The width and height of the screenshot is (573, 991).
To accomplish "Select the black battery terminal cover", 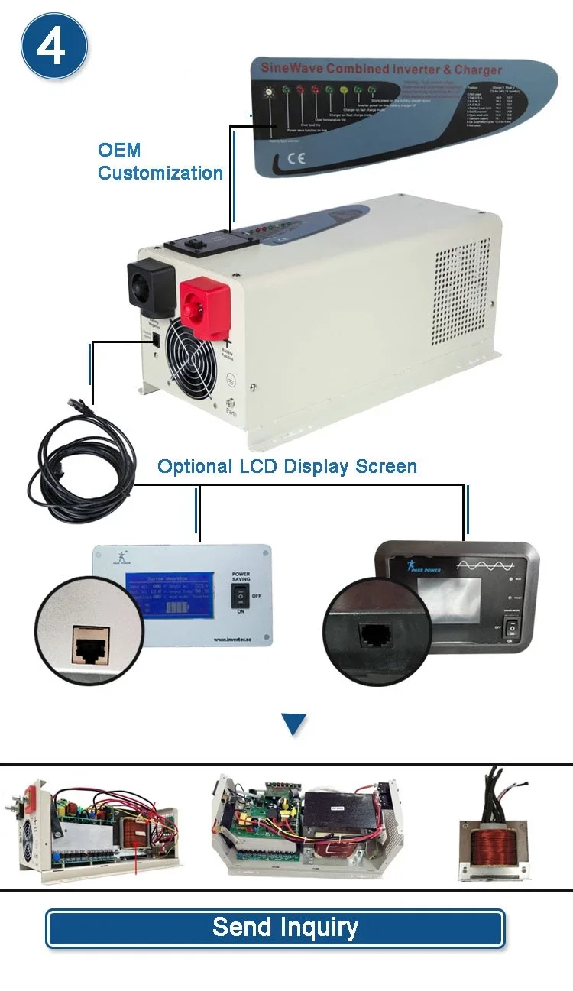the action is pyautogui.click(x=147, y=287).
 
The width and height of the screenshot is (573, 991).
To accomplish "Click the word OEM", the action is pyautogui.click(x=119, y=150).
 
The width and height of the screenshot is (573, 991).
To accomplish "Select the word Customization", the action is pyautogui.click(x=160, y=173).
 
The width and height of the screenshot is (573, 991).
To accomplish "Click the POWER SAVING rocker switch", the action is pyautogui.click(x=239, y=597).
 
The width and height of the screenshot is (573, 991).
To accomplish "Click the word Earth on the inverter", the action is pyautogui.click(x=231, y=413).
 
